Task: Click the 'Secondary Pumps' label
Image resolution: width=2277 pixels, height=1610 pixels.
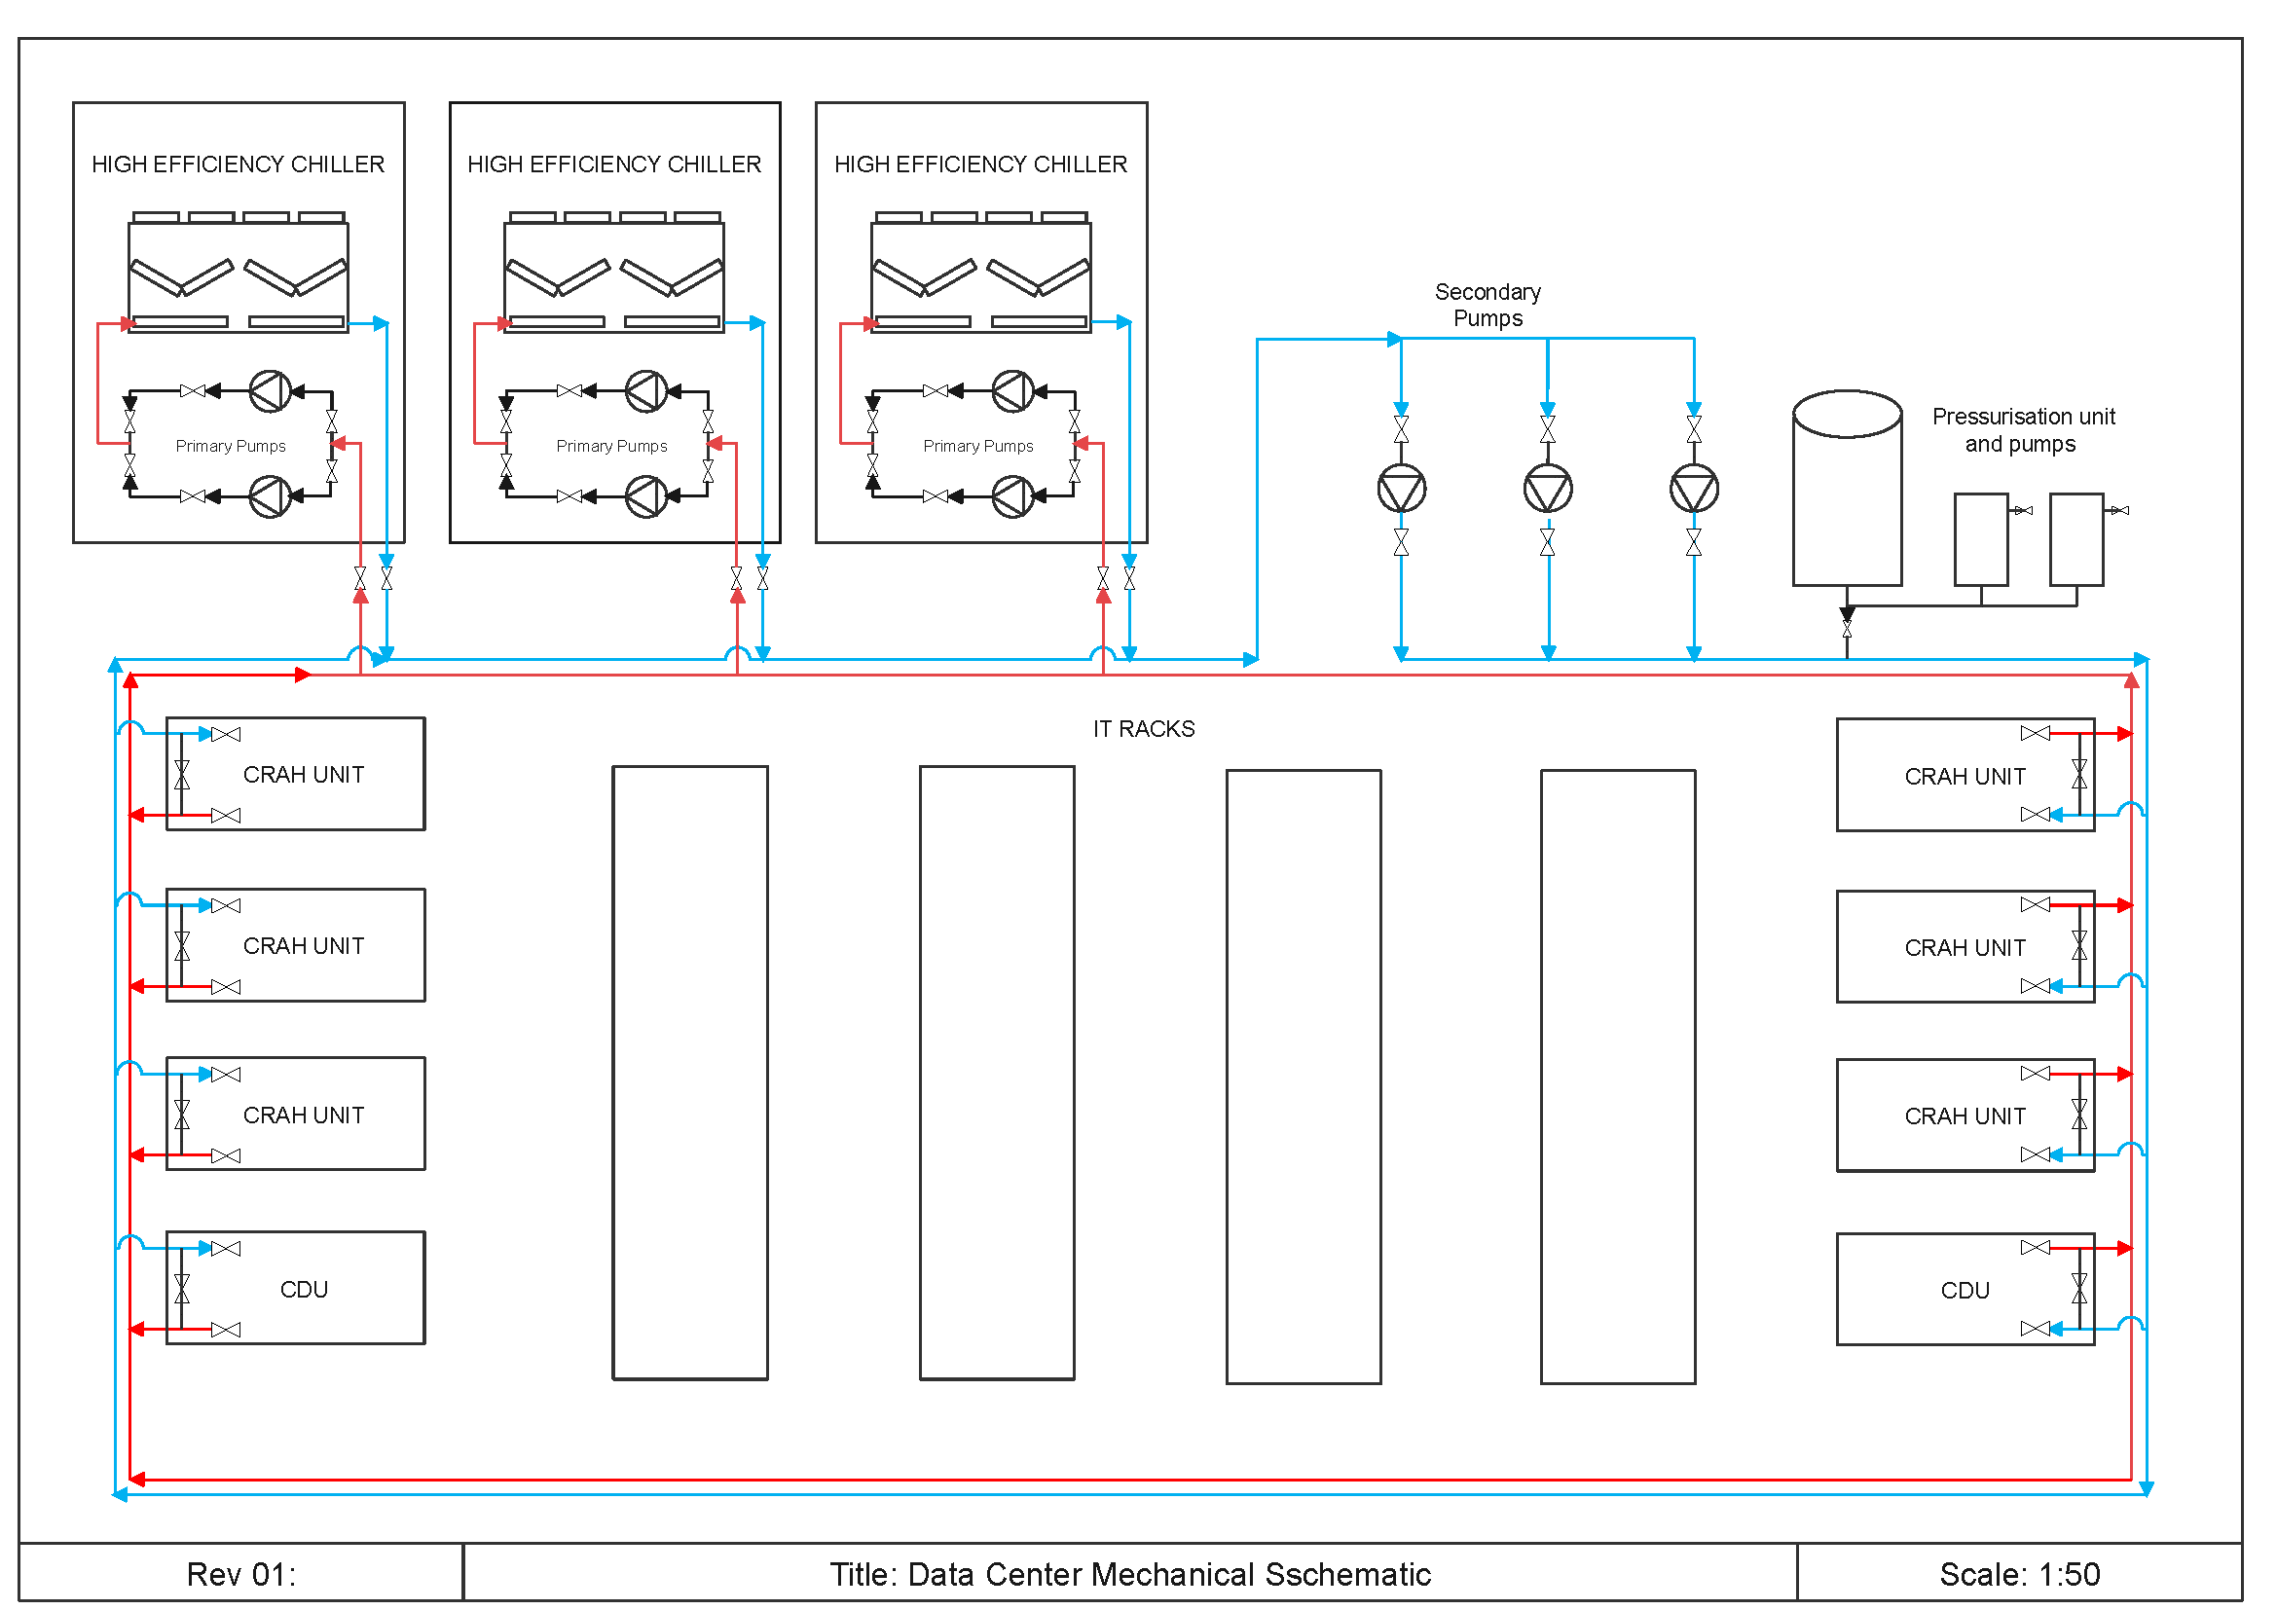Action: (1487, 306)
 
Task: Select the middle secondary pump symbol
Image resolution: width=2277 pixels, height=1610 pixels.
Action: (1548, 489)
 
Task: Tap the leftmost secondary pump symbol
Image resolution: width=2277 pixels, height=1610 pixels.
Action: (1401, 489)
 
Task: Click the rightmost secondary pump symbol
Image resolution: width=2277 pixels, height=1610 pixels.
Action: (1694, 489)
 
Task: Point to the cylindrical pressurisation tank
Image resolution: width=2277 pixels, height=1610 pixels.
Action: (1847, 488)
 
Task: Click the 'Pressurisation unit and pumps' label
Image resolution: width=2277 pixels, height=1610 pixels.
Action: (2023, 430)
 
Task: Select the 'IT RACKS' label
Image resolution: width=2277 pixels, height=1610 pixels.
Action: (1144, 729)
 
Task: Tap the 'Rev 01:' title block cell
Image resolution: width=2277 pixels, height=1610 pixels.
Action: (241, 1574)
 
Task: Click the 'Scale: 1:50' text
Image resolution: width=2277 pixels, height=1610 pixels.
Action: (2020, 1574)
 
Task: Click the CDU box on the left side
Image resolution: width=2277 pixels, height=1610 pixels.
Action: (296, 1288)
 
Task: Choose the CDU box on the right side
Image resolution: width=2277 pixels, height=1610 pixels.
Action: (1965, 1289)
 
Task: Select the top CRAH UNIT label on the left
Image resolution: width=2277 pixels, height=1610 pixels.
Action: (304, 774)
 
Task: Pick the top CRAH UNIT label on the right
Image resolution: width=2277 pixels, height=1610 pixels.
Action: (1965, 776)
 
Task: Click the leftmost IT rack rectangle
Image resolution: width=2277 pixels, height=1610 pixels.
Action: (690, 1073)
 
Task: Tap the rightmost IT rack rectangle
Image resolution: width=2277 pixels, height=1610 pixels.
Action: (1618, 1077)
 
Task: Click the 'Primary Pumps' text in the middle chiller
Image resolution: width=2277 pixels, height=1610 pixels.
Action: (611, 446)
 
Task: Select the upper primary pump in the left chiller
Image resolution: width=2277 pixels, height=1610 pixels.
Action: (270, 390)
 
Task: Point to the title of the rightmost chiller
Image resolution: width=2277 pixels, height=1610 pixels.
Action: (981, 164)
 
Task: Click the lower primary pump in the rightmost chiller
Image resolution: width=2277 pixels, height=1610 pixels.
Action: (1012, 496)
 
